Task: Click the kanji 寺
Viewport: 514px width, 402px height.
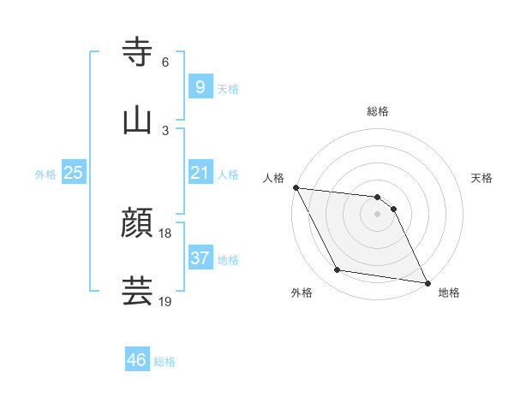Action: [138, 53]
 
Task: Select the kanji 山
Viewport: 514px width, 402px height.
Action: [138, 121]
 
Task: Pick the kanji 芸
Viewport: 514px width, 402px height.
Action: [138, 291]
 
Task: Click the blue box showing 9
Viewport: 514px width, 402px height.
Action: [200, 86]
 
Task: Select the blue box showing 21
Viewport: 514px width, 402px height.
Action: [200, 173]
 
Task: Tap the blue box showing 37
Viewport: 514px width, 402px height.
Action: [200, 258]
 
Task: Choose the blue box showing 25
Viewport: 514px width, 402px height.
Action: [74, 173]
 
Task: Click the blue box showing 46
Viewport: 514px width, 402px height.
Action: [137, 360]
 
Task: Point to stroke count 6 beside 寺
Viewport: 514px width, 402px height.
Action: [165, 62]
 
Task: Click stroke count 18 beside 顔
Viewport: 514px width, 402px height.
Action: [165, 234]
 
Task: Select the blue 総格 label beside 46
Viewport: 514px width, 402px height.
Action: [164, 362]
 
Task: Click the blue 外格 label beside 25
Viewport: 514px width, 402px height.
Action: [45, 174]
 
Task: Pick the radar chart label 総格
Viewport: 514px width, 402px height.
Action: [378, 112]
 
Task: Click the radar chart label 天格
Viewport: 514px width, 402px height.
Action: [482, 178]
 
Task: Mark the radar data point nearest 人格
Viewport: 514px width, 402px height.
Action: [296, 188]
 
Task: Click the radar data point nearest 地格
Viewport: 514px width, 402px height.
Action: [427, 281]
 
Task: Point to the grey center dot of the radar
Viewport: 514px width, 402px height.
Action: [378, 214]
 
